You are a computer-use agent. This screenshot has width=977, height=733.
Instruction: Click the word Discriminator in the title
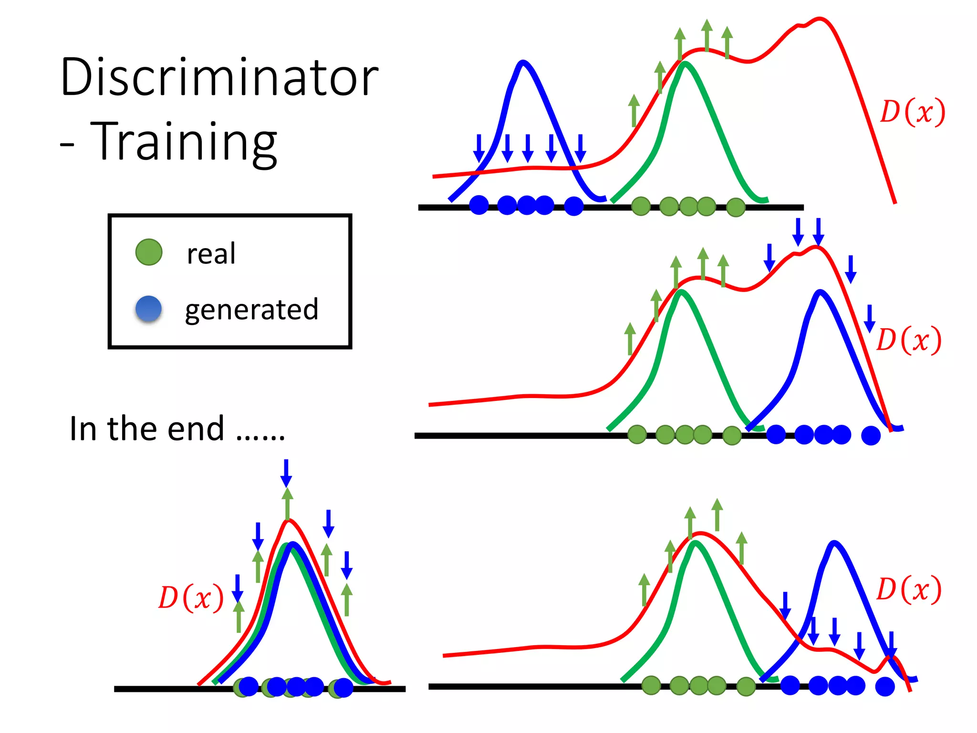219,77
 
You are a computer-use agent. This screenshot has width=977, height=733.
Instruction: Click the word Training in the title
184,142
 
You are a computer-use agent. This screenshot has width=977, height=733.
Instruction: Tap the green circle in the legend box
149,252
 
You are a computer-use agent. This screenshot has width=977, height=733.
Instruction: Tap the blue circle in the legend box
149,309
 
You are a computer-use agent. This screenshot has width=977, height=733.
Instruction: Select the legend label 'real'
211,253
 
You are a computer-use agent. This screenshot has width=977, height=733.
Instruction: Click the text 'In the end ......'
177,428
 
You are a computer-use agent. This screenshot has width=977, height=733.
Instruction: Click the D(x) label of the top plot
912,112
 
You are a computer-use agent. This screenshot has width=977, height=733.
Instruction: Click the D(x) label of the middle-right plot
909,340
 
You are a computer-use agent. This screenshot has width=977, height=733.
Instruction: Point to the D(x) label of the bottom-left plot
191,597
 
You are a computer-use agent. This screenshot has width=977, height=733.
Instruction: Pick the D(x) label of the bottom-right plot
909,589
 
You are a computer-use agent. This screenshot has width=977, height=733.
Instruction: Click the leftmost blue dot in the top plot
479,205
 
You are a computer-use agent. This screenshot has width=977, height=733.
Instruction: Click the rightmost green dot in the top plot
736,207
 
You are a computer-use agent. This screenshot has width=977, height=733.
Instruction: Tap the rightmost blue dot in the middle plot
871,435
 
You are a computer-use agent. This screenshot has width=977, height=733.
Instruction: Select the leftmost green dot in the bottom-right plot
651,685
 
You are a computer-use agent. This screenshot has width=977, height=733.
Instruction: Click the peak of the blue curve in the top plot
523,62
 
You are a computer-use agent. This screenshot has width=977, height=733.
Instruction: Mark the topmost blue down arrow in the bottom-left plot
286,472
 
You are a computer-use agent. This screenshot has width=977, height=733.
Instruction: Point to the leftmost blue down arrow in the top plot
479,148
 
